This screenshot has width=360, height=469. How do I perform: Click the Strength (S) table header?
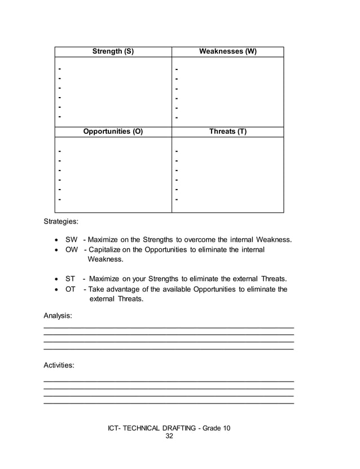[x=113, y=51]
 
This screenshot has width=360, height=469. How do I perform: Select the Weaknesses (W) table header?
[x=227, y=51]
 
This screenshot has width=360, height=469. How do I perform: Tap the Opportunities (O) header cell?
[x=113, y=132]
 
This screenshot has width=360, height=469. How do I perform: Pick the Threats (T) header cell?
[x=227, y=132]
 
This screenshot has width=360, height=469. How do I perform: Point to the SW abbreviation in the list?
[x=71, y=240]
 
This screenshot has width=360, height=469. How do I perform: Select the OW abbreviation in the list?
[x=72, y=249]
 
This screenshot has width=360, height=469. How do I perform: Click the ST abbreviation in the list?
[x=71, y=279]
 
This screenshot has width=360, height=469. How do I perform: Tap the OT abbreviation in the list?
[x=71, y=289]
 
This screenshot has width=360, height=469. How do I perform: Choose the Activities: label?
[x=59, y=365]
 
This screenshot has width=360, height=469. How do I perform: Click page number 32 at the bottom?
[x=169, y=437]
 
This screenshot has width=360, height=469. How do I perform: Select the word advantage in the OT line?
[x=126, y=289]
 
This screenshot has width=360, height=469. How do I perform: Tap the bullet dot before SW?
[x=55, y=240]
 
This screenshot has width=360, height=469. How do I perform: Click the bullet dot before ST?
[x=55, y=279]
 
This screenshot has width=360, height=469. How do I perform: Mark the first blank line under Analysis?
[x=169, y=327]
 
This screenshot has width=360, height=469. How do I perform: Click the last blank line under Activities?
[x=169, y=403]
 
